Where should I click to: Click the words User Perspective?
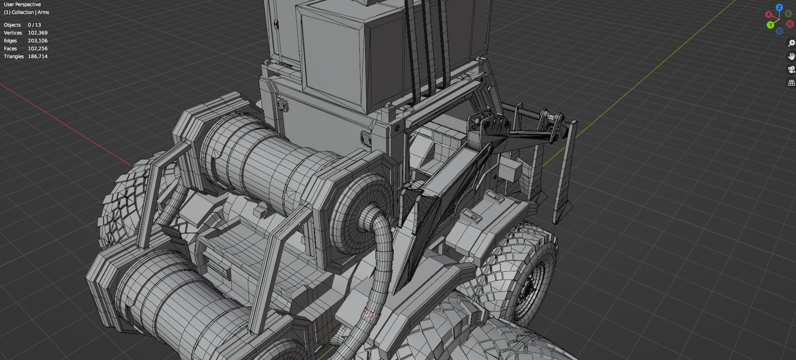coord(22,4)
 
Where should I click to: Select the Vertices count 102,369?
coord(38,33)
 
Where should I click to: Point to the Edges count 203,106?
coord(38,41)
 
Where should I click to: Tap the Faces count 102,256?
coord(38,48)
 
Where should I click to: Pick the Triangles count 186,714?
coord(38,56)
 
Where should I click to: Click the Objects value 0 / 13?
coord(34,25)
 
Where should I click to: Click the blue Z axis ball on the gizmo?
coord(779,7)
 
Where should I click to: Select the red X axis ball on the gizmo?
coord(768,14)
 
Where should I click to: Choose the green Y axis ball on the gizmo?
coord(770,25)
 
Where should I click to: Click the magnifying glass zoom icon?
coord(791,43)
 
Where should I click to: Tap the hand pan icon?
coord(791,56)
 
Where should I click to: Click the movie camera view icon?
coord(791,69)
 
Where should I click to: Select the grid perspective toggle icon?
coord(791,83)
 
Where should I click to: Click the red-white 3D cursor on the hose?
coord(370,315)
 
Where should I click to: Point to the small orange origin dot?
coord(299,224)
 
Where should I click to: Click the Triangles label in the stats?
coord(14,56)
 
